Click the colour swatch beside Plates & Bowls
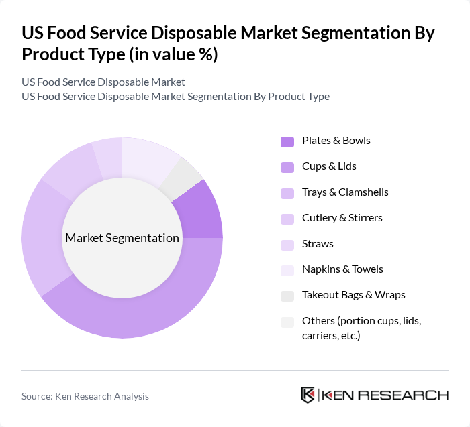click(x=287, y=141)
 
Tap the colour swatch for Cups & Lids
click(x=287, y=167)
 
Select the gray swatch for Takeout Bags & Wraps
click(x=287, y=296)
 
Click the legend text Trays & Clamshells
click(x=345, y=192)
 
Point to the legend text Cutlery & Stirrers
click(x=342, y=218)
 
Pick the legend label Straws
click(x=318, y=243)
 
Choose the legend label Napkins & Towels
click(x=342, y=269)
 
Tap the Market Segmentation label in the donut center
click(x=122, y=238)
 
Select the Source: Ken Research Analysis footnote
click(x=85, y=396)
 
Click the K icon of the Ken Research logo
click(x=308, y=395)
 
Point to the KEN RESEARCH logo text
click(x=385, y=395)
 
